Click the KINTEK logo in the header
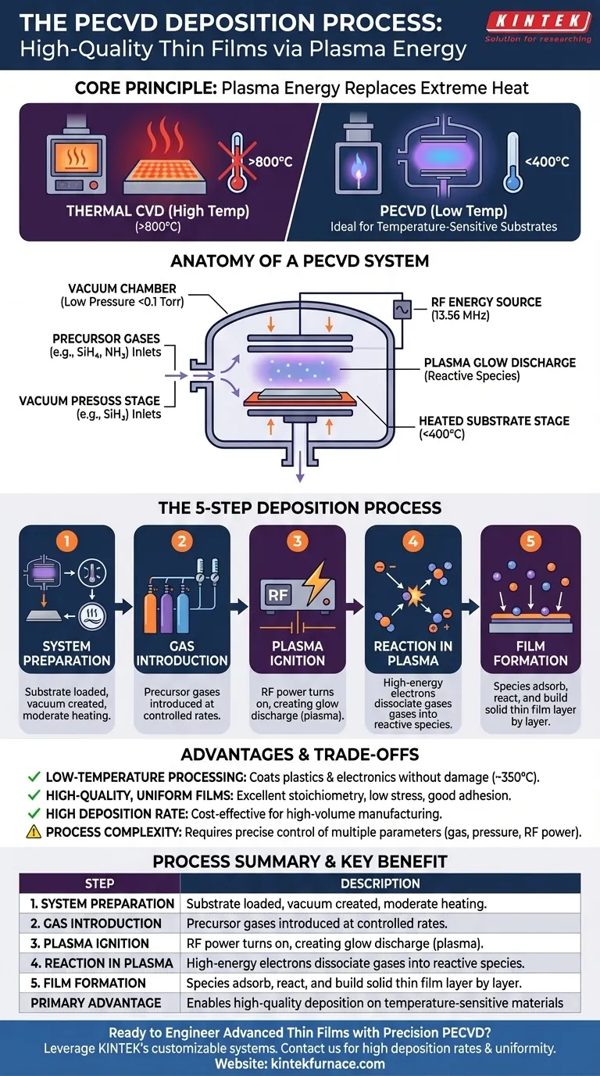[x=538, y=27]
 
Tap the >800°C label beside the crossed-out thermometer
[x=270, y=162]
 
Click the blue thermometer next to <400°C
[x=512, y=163]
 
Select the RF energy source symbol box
[x=402, y=310]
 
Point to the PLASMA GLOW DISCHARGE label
[x=500, y=369]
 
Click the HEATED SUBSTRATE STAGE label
[x=494, y=428]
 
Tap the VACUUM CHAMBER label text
[x=123, y=295]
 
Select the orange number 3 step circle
[x=298, y=541]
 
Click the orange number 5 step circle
[x=530, y=541]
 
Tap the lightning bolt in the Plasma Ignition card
[x=316, y=583]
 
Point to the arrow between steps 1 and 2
[x=124, y=607]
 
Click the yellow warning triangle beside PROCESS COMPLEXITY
[x=34, y=831]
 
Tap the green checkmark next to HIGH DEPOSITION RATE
[x=34, y=813]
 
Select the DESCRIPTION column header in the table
[x=380, y=884]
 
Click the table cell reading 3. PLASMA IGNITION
[x=89, y=943]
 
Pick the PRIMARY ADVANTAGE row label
[x=96, y=1003]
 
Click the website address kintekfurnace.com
[x=328, y=1063]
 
